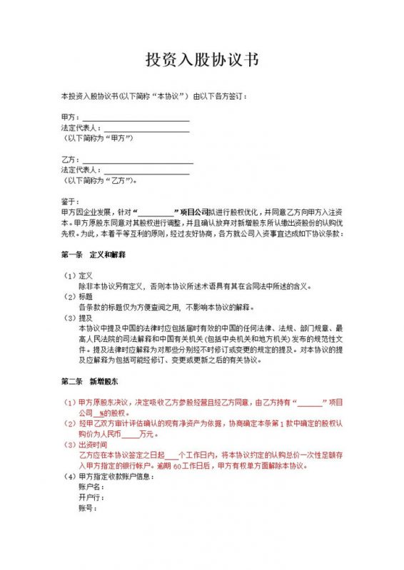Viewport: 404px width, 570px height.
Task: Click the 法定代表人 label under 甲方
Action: [x=81, y=128]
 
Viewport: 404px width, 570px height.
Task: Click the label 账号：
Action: [x=88, y=508]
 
